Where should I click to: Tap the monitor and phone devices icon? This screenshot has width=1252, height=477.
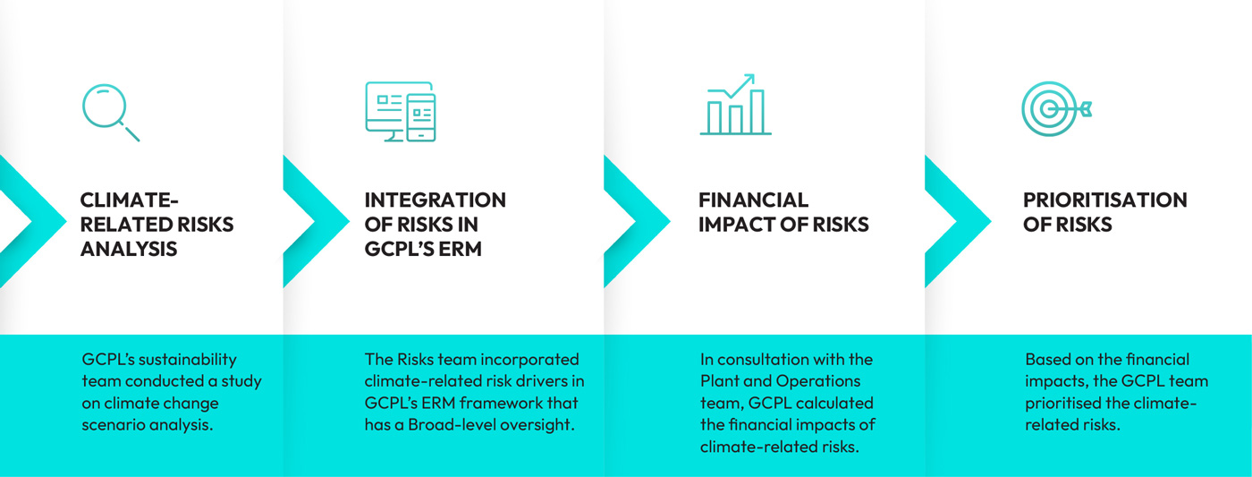(401, 111)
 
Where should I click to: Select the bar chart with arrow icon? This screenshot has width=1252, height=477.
(735, 105)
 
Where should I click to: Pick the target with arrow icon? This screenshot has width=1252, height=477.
(1056, 109)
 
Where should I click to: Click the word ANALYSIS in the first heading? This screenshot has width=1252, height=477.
(129, 249)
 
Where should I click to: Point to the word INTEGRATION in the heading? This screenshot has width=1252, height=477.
(435, 200)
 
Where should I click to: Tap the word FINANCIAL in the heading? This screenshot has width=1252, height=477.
(753, 200)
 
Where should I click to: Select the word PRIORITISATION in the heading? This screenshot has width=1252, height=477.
(1105, 200)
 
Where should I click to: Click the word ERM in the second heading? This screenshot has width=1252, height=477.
(460, 249)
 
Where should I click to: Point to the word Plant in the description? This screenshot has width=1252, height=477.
(719, 381)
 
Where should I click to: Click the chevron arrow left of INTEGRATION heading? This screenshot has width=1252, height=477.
(317, 221)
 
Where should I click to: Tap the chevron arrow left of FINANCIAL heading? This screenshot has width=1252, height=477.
(637, 221)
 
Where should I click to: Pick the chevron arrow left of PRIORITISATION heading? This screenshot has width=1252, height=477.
(958, 221)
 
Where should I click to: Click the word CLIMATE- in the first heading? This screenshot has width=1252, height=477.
(129, 200)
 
